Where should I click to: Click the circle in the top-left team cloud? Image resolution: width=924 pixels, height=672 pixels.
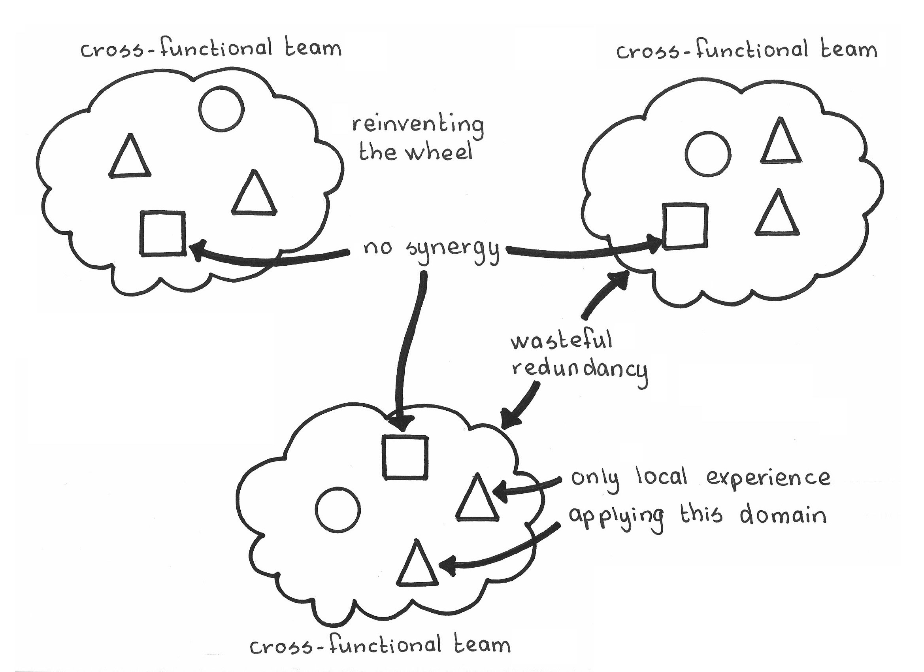(x=222, y=109)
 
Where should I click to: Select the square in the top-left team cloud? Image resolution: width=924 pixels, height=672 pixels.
(x=162, y=234)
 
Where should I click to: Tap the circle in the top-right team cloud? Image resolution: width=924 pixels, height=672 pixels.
(x=708, y=154)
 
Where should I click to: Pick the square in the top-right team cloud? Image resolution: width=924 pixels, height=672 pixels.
(x=685, y=226)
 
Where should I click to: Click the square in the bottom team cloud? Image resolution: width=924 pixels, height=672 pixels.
(x=405, y=457)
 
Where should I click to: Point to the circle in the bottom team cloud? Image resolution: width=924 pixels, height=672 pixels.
(x=338, y=509)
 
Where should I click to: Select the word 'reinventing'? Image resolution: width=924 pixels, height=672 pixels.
(x=418, y=126)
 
